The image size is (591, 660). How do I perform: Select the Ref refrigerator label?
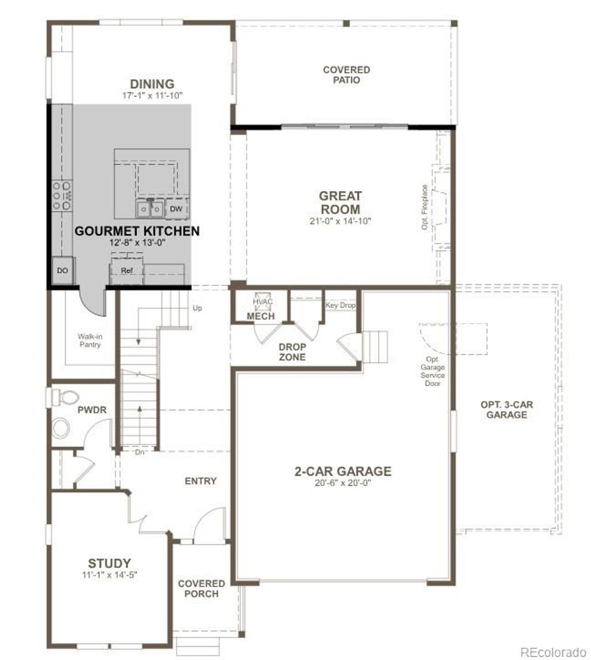[126, 270]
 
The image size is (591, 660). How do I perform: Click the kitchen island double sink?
[149, 208]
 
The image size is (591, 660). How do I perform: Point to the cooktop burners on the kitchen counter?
[62, 195]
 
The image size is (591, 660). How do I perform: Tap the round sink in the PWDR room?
[61, 428]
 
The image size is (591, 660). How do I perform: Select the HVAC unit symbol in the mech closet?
[262, 301]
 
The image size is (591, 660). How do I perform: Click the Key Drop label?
[341, 306]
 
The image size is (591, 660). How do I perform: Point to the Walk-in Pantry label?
[89, 340]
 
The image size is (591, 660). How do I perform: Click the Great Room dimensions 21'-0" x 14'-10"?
[341, 221]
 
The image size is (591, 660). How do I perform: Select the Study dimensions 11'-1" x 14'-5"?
[109, 574]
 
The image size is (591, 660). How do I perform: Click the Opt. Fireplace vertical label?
[425, 208]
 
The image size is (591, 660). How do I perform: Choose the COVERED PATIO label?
[346, 75]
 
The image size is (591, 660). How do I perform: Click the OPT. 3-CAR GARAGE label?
[507, 409]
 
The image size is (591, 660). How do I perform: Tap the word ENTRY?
[200, 481]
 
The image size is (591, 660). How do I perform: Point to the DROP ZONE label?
[292, 352]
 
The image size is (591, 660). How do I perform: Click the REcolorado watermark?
[552, 652]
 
